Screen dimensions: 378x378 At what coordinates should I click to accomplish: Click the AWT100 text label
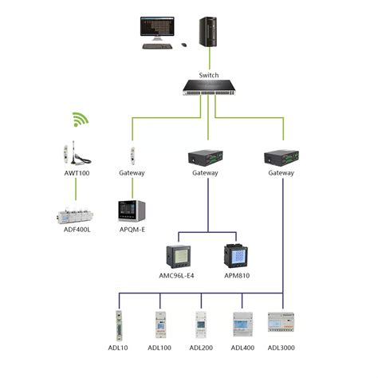[x=77, y=172]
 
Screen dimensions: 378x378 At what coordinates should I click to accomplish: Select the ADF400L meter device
[x=76, y=214]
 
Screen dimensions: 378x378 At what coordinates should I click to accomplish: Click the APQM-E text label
[x=132, y=230]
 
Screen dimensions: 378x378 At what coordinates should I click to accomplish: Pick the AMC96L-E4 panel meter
[x=177, y=257]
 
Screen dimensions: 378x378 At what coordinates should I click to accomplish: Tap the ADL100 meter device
[x=160, y=325]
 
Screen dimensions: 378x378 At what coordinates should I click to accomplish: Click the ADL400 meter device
[x=242, y=325]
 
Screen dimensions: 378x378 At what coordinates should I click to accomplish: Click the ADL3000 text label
[x=282, y=348]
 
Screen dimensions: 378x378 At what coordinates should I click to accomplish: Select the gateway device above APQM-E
[x=132, y=154]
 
